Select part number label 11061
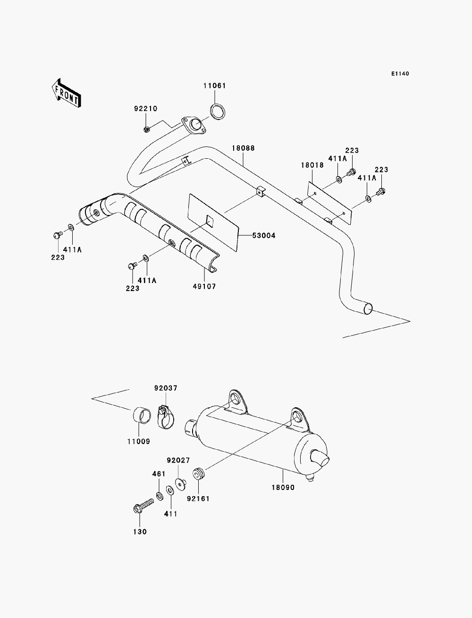point(215,86)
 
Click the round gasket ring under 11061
point(218,112)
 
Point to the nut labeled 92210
point(146,129)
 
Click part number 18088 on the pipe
point(243,148)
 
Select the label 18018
point(312,165)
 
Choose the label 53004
point(263,235)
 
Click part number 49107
point(204,286)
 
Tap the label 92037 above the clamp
point(166,388)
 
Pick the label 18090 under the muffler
point(283,488)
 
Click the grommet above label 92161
point(199,473)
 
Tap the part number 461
point(159,474)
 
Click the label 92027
point(178,460)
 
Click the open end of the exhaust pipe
point(368,309)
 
